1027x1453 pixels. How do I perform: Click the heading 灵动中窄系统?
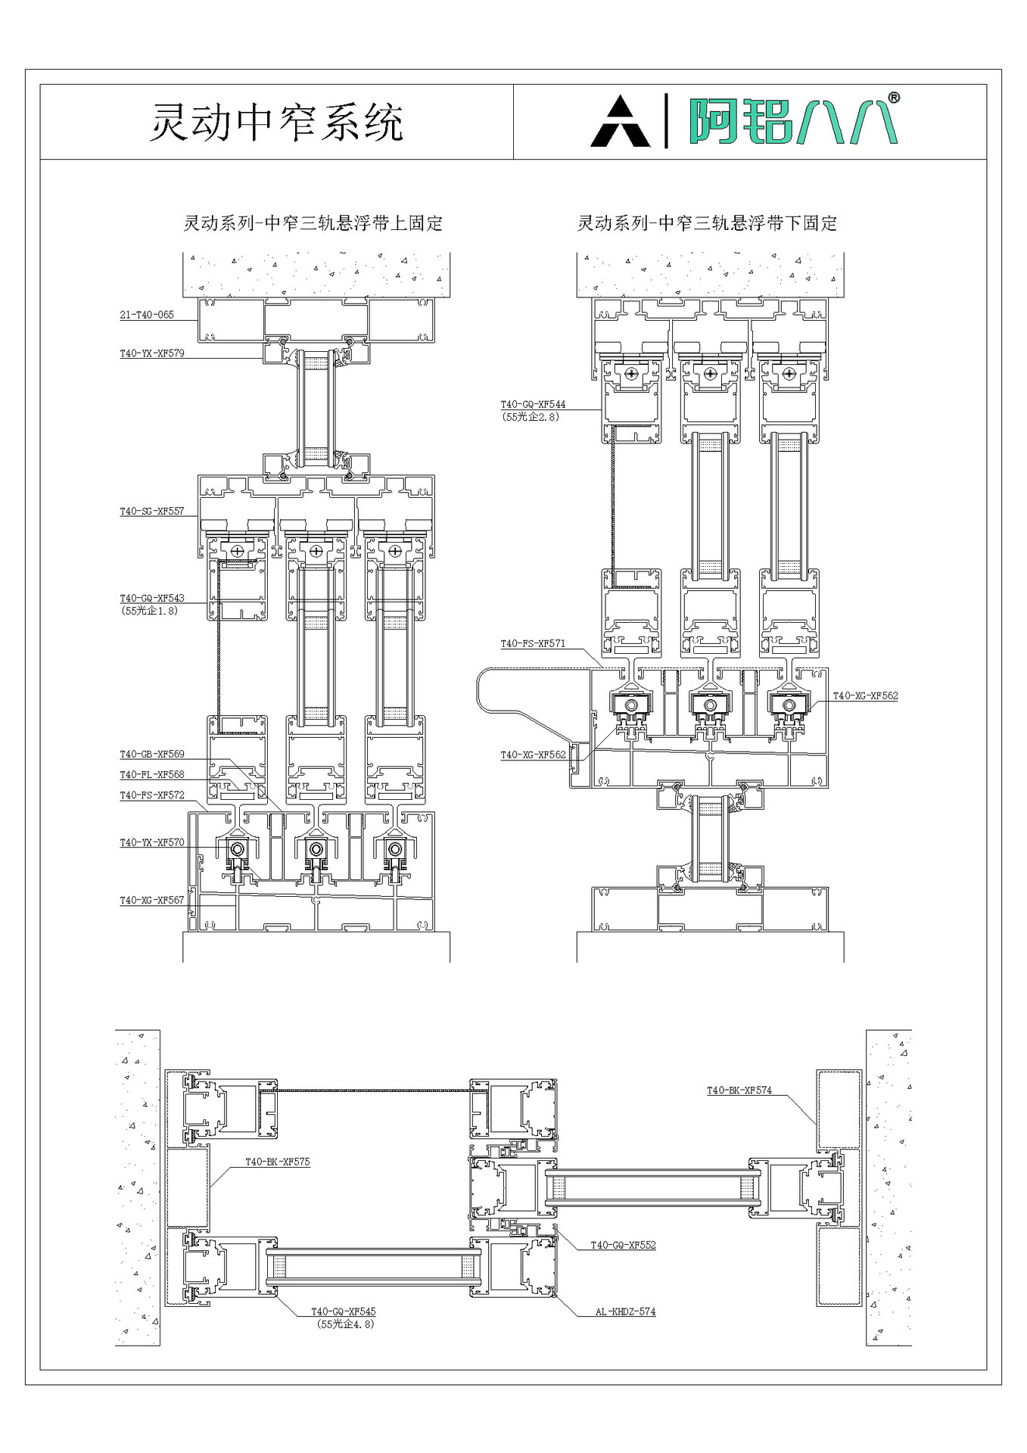pyautogui.click(x=276, y=122)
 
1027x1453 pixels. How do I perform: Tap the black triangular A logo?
pyautogui.click(x=620, y=122)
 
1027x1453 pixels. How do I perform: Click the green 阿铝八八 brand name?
pyautogui.click(x=791, y=122)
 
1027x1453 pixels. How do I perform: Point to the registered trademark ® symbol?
pyautogui.click(x=893, y=98)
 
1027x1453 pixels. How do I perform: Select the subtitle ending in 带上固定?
pyautogui.click(x=313, y=223)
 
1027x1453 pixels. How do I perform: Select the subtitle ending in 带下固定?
pyautogui.click(x=707, y=223)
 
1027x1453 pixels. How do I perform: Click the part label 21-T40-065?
pyautogui.click(x=147, y=315)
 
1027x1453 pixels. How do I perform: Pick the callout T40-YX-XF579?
pyautogui.click(x=152, y=353)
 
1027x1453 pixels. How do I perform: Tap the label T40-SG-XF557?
pyautogui.click(x=152, y=512)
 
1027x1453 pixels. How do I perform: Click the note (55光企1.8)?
pyautogui.click(x=150, y=611)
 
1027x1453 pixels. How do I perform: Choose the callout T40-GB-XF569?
pyautogui.click(x=152, y=755)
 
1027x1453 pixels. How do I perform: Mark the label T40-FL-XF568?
pyautogui.click(x=152, y=775)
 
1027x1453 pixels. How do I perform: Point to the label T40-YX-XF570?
pyautogui.click(x=152, y=842)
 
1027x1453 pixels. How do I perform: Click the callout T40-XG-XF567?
pyautogui.click(x=152, y=901)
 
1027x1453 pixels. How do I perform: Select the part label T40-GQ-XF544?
pyautogui.click(x=533, y=405)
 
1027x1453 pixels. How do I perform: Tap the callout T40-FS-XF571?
pyautogui.click(x=533, y=644)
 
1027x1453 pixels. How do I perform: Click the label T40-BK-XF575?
pyautogui.click(x=278, y=1162)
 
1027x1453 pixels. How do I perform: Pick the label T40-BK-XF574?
pyautogui.click(x=739, y=1091)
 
